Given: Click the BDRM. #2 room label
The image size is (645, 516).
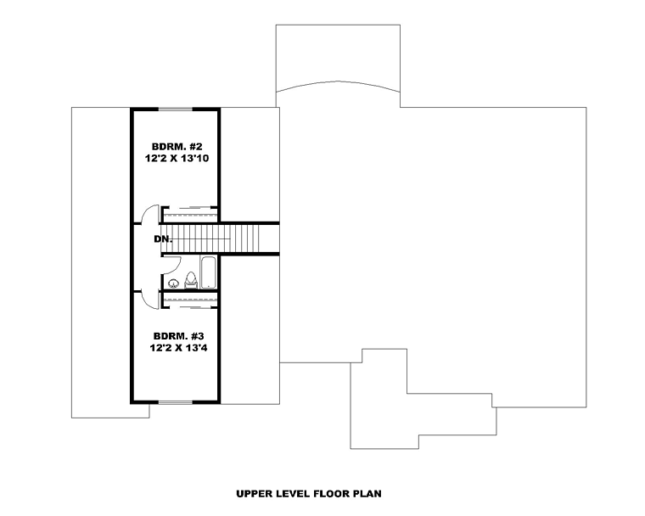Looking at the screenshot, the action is pyautogui.click(x=177, y=147).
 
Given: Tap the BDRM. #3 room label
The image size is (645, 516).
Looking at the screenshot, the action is pyautogui.click(x=178, y=336).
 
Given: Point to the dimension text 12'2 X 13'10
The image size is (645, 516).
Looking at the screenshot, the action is pyautogui.click(x=177, y=159).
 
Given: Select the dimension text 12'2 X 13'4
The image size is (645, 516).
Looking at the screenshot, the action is pyautogui.click(x=178, y=348).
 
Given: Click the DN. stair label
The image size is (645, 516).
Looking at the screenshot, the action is pyautogui.click(x=163, y=238).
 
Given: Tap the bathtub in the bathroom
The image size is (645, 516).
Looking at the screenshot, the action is pyautogui.click(x=208, y=272).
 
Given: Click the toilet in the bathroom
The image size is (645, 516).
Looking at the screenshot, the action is pyautogui.click(x=190, y=280).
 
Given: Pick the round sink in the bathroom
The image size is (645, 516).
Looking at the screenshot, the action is pyautogui.click(x=174, y=283).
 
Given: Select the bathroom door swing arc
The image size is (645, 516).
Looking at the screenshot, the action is pyautogui.click(x=176, y=266).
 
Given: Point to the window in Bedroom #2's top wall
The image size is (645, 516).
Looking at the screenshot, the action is pyautogui.click(x=176, y=109).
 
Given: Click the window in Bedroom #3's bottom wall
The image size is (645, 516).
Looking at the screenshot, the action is pyautogui.click(x=176, y=402).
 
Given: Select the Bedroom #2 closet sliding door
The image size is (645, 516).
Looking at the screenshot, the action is pyautogui.click(x=190, y=208).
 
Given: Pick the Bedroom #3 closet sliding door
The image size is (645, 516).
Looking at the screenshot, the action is pyautogui.click(x=190, y=306).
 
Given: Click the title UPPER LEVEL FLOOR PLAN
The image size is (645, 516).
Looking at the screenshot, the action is pyautogui.click(x=309, y=494).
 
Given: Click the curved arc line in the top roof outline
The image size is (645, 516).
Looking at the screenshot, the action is pyautogui.click(x=338, y=86).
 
